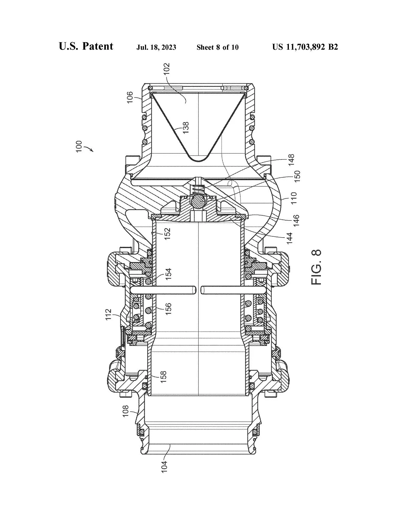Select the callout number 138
tap(186, 128)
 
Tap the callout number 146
tap(296, 221)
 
